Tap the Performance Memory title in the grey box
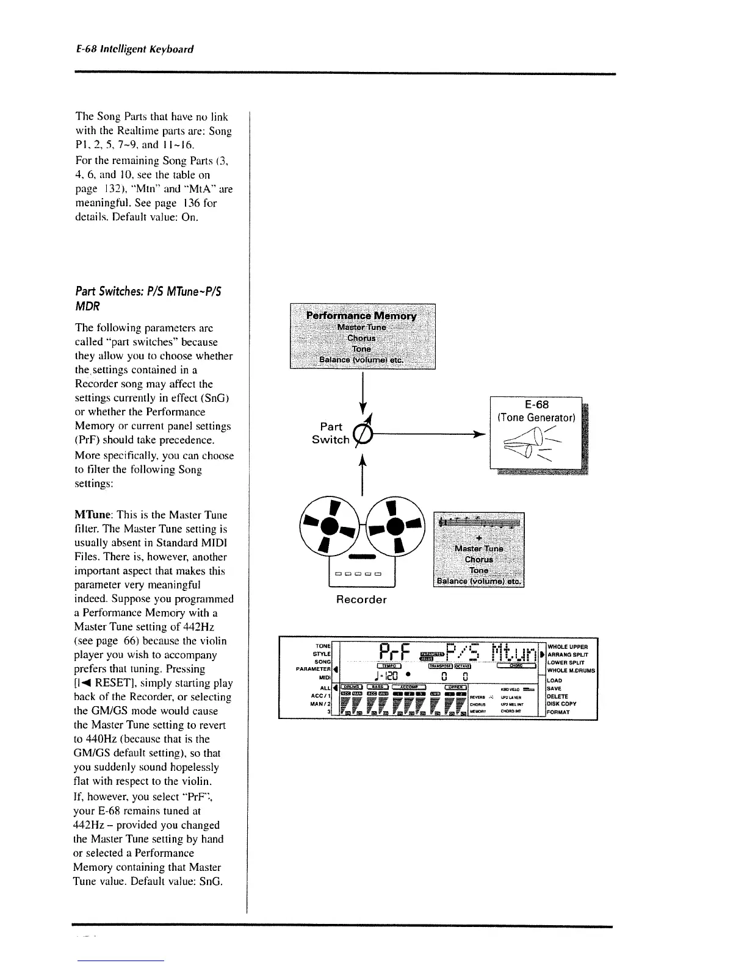click(361, 316)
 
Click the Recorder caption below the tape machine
click(361, 599)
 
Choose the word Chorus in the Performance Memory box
click(361, 338)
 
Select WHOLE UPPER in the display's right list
click(568, 646)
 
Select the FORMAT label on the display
click(558, 712)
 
